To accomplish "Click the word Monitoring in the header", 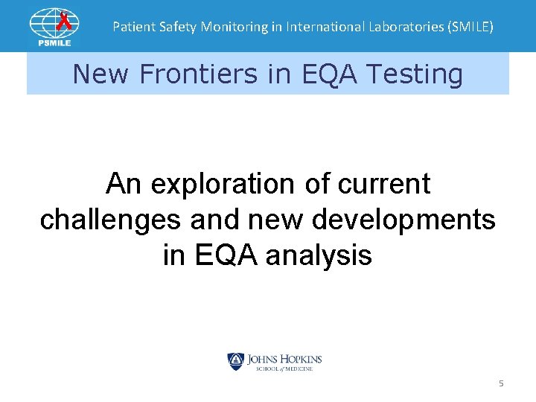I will pyautogui.click(x=222, y=27).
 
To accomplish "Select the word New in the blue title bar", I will pyautogui.click(x=100, y=74).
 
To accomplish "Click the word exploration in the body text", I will pyautogui.click(x=213, y=183).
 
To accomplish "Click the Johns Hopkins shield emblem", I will pyautogui.click(x=235, y=362).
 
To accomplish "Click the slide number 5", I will pyautogui.click(x=501, y=383).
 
